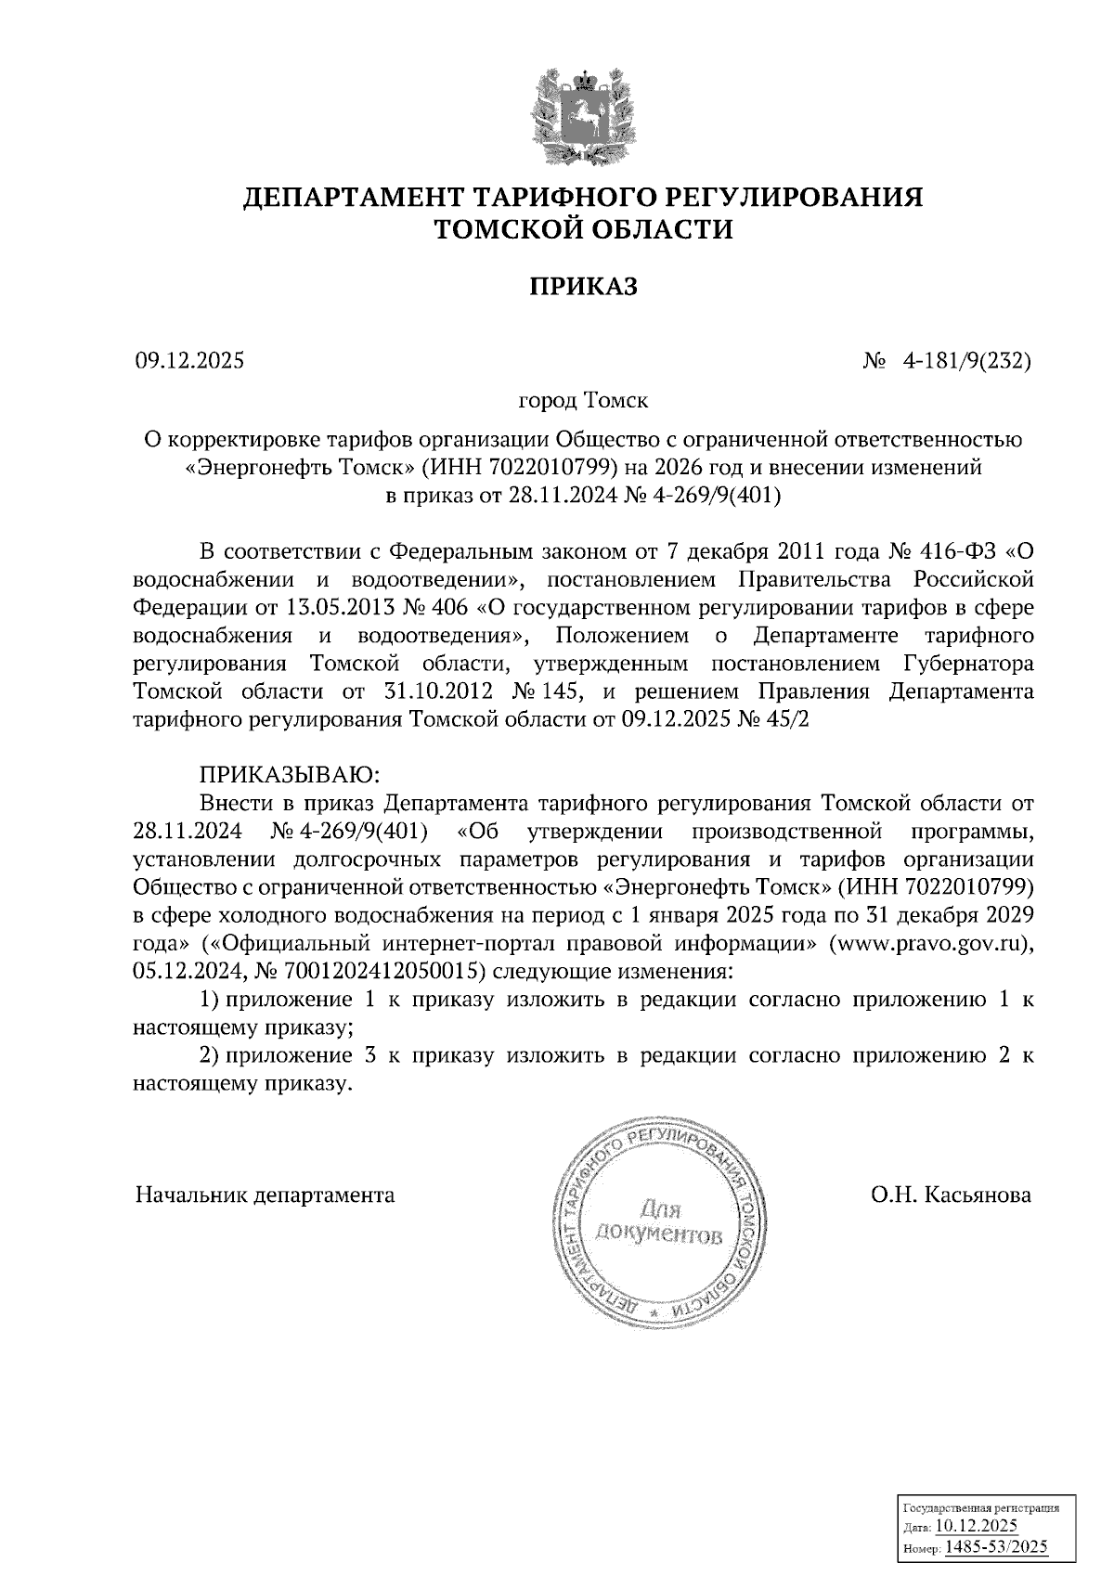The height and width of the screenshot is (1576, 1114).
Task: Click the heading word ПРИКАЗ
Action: coord(584,288)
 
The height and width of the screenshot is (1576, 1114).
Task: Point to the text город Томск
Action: coord(583,402)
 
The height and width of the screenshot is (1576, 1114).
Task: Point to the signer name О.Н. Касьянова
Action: coord(951,1195)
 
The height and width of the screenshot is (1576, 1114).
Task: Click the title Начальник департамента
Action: coord(266,1195)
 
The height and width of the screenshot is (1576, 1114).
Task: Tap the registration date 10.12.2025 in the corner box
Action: coord(977,1526)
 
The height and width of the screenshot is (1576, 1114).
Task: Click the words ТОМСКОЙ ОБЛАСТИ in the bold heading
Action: coord(584,229)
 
